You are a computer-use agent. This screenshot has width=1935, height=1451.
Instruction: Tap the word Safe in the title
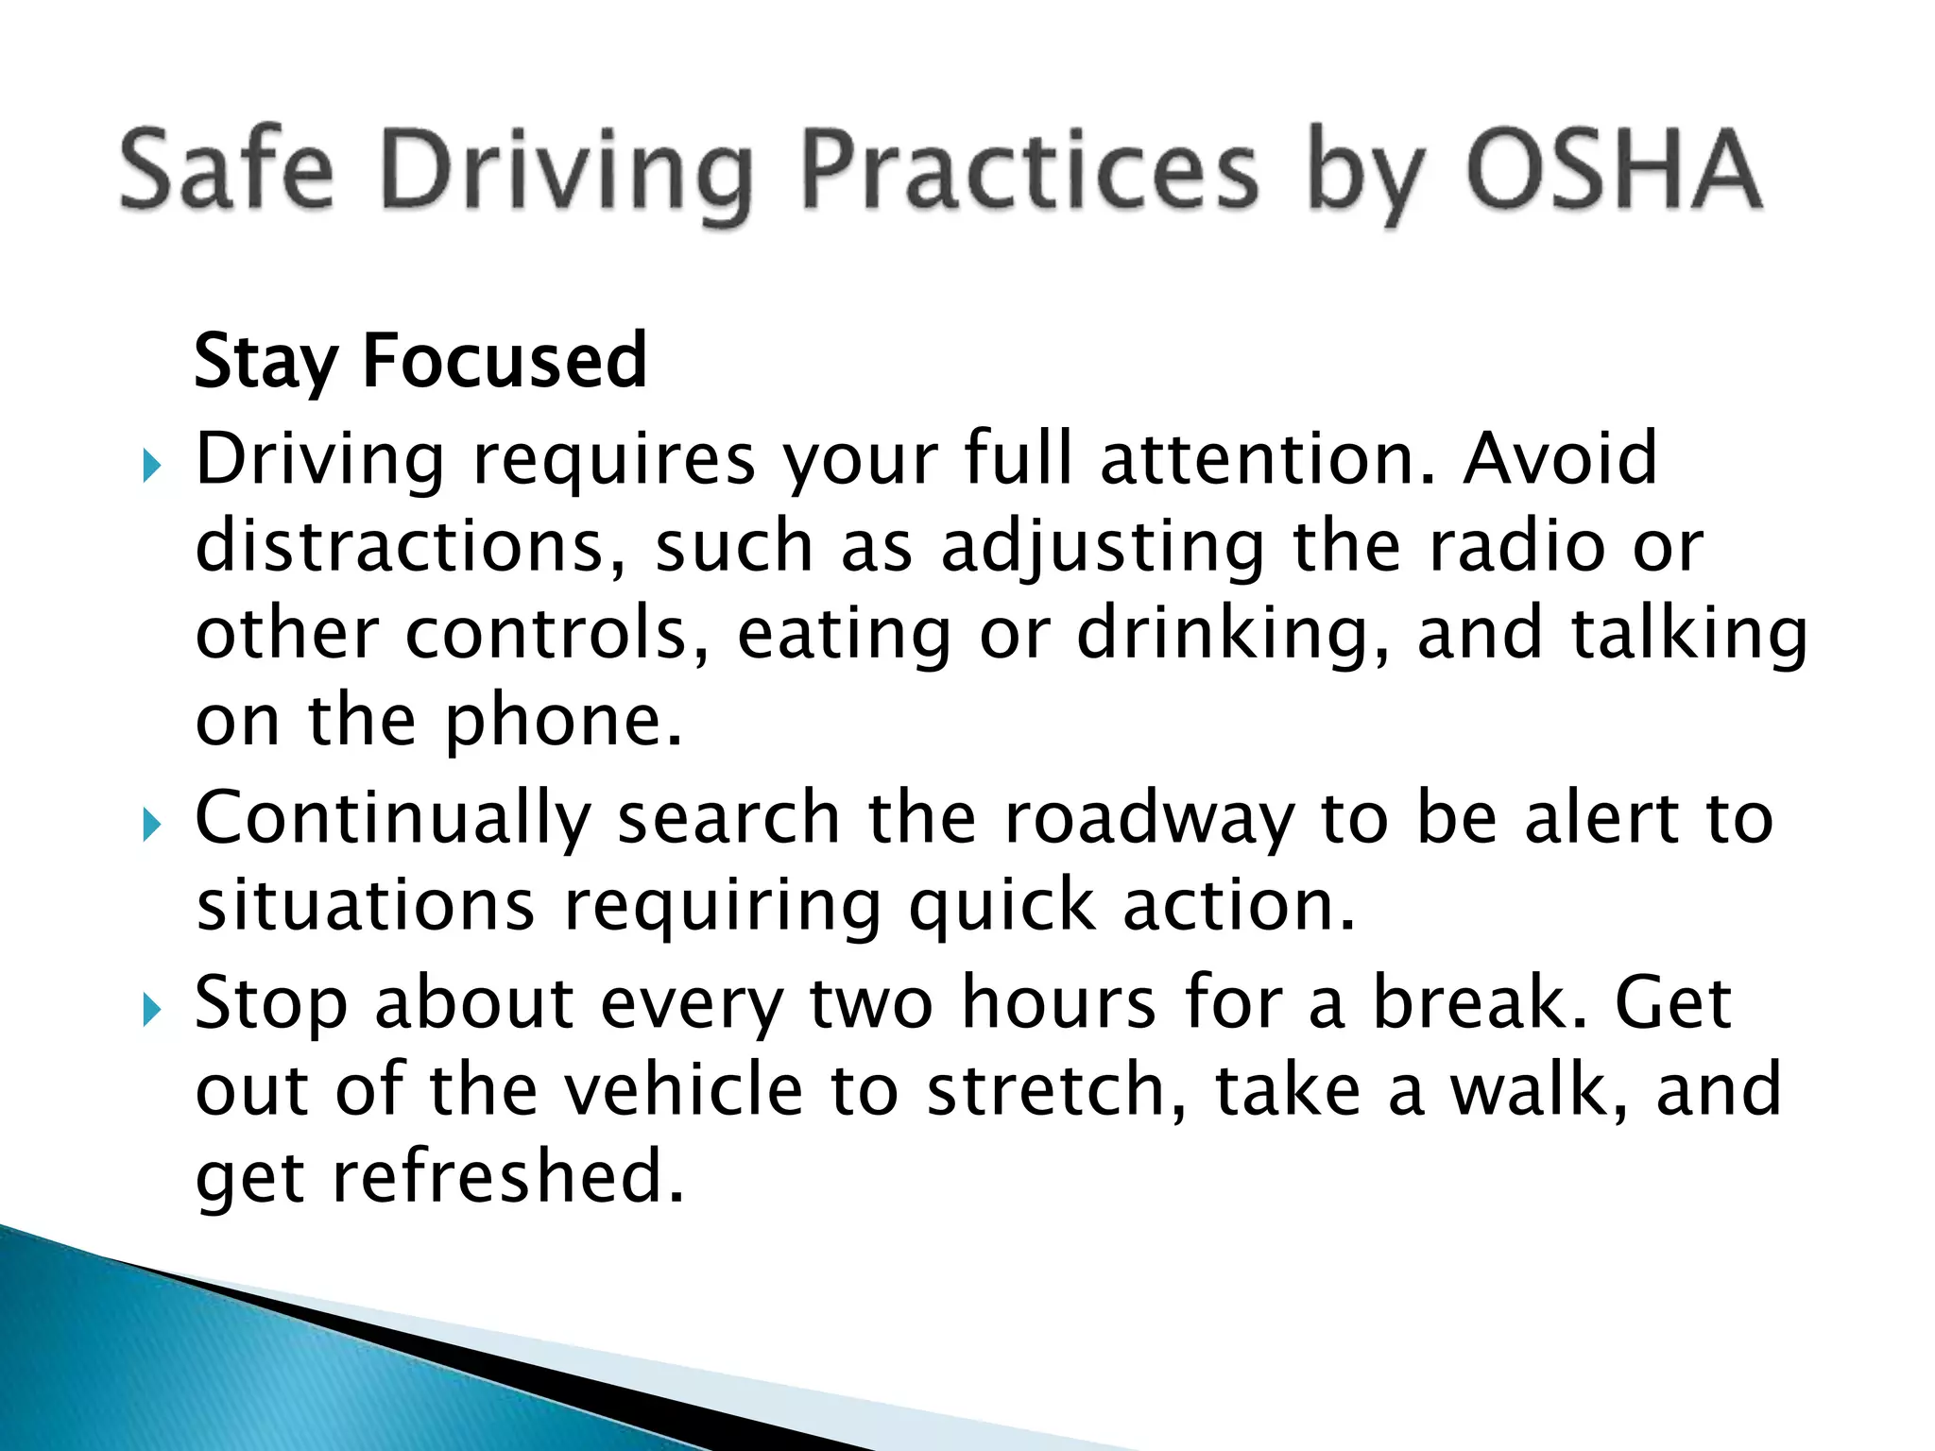[x=227, y=170]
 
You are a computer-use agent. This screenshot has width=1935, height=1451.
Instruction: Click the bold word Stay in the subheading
[x=265, y=363]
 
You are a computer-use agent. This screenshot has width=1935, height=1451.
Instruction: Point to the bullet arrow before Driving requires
[x=151, y=465]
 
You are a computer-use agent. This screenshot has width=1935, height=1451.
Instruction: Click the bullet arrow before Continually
[x=151, y=825]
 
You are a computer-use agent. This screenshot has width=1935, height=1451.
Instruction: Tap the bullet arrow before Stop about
[x=151, y=1010]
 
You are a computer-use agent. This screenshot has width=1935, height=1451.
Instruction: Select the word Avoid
[x=1560, y=459]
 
